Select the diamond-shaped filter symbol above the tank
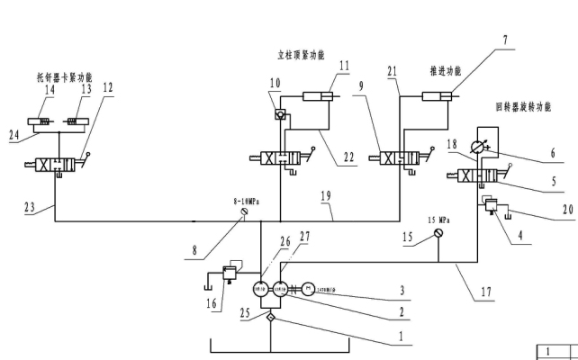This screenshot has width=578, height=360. click(x=268, y=318)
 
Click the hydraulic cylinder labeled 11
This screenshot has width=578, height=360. click(x=318, y=96)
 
